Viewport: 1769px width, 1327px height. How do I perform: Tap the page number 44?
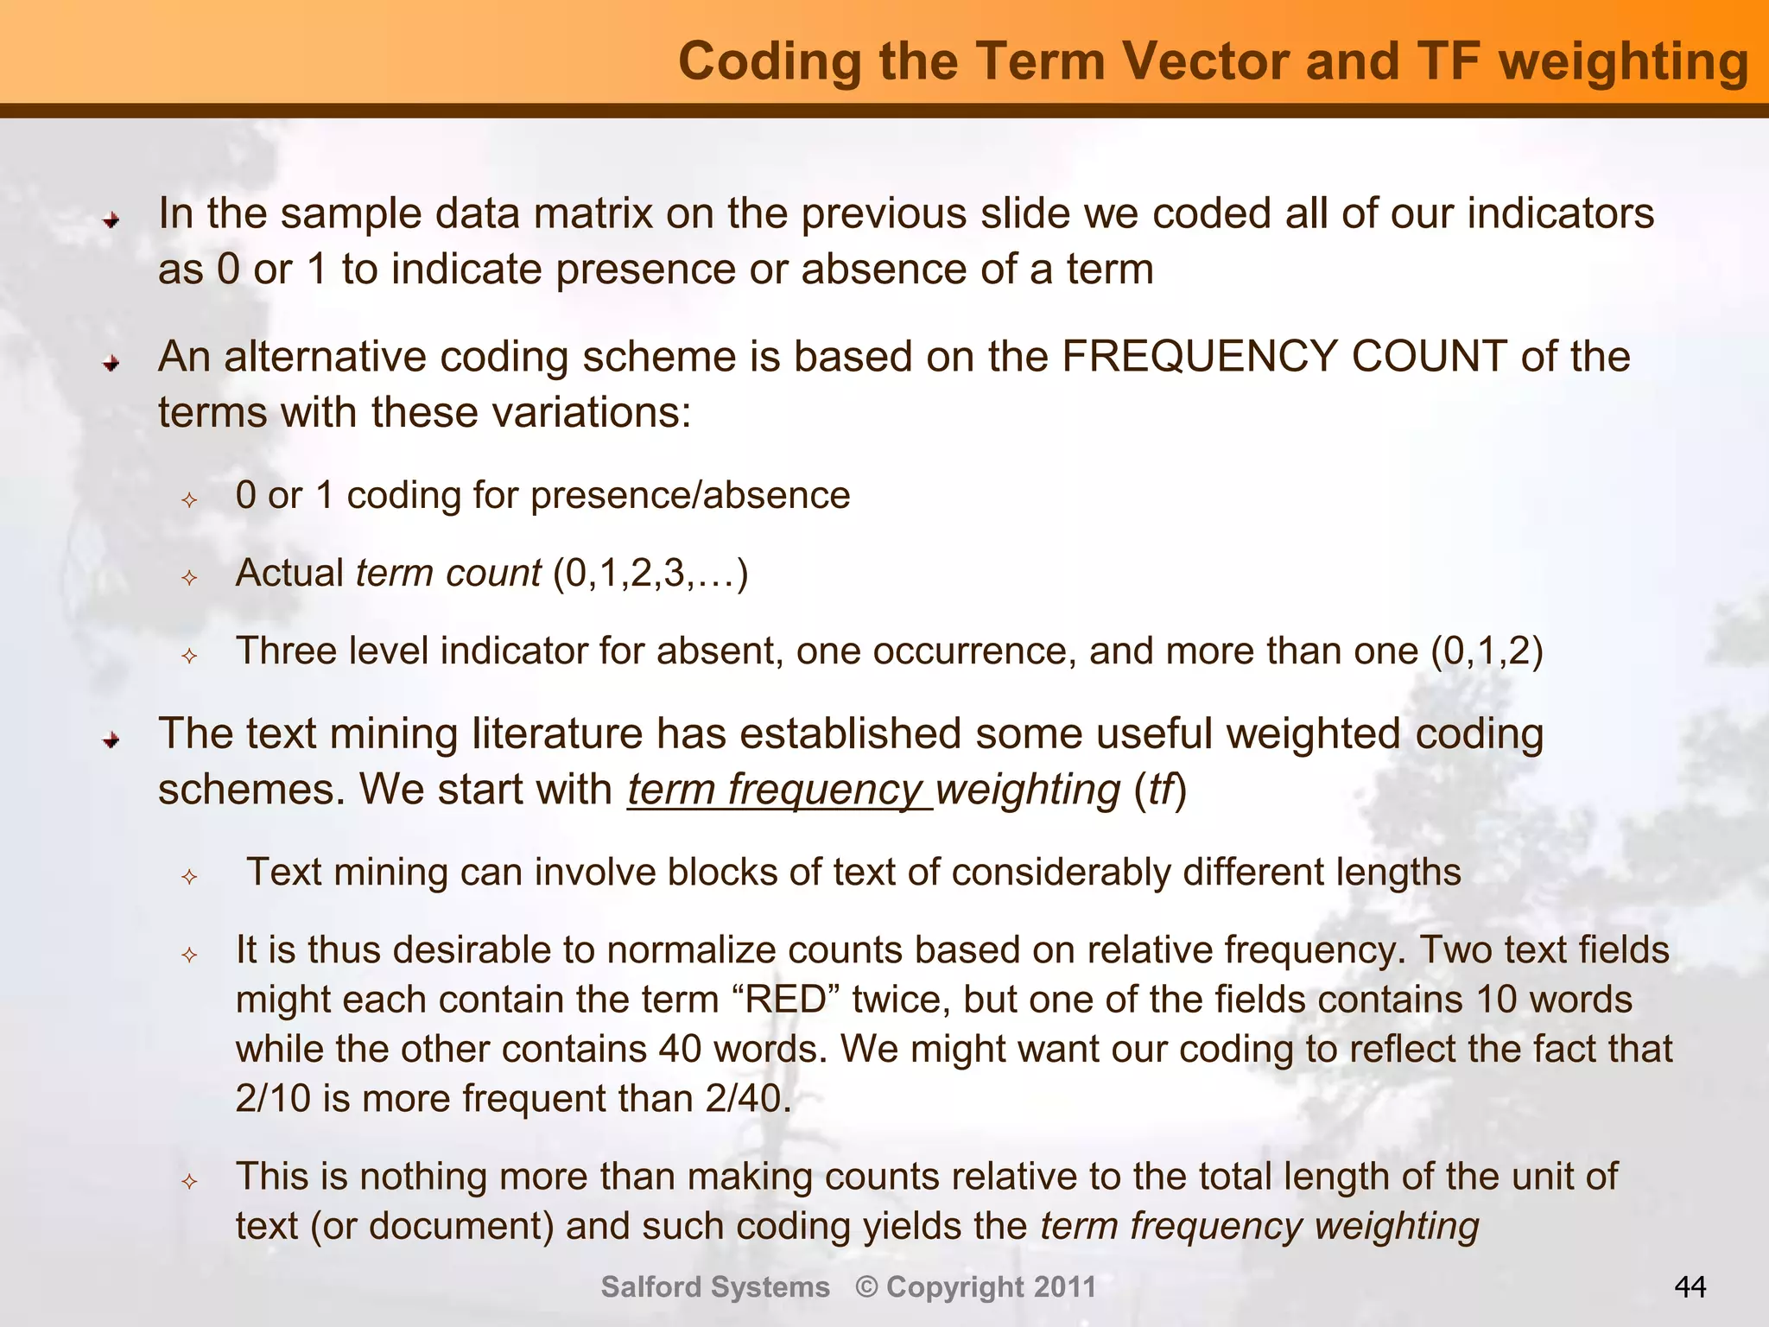point(1690,1287)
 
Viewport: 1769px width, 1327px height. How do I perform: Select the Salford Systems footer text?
point(715,1287)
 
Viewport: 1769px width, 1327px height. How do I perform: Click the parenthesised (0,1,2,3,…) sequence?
point(650,574)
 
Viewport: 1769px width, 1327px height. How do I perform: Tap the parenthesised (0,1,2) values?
point(1487,651)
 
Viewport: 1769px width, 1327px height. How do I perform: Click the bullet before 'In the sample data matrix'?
point(111,221)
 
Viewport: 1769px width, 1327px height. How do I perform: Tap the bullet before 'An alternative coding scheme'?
point(111,365)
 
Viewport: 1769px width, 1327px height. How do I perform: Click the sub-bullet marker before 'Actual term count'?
point(190,578)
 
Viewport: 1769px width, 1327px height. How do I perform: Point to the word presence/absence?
point(690,496)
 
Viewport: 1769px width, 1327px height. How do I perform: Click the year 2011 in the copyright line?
point(1065,1287)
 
